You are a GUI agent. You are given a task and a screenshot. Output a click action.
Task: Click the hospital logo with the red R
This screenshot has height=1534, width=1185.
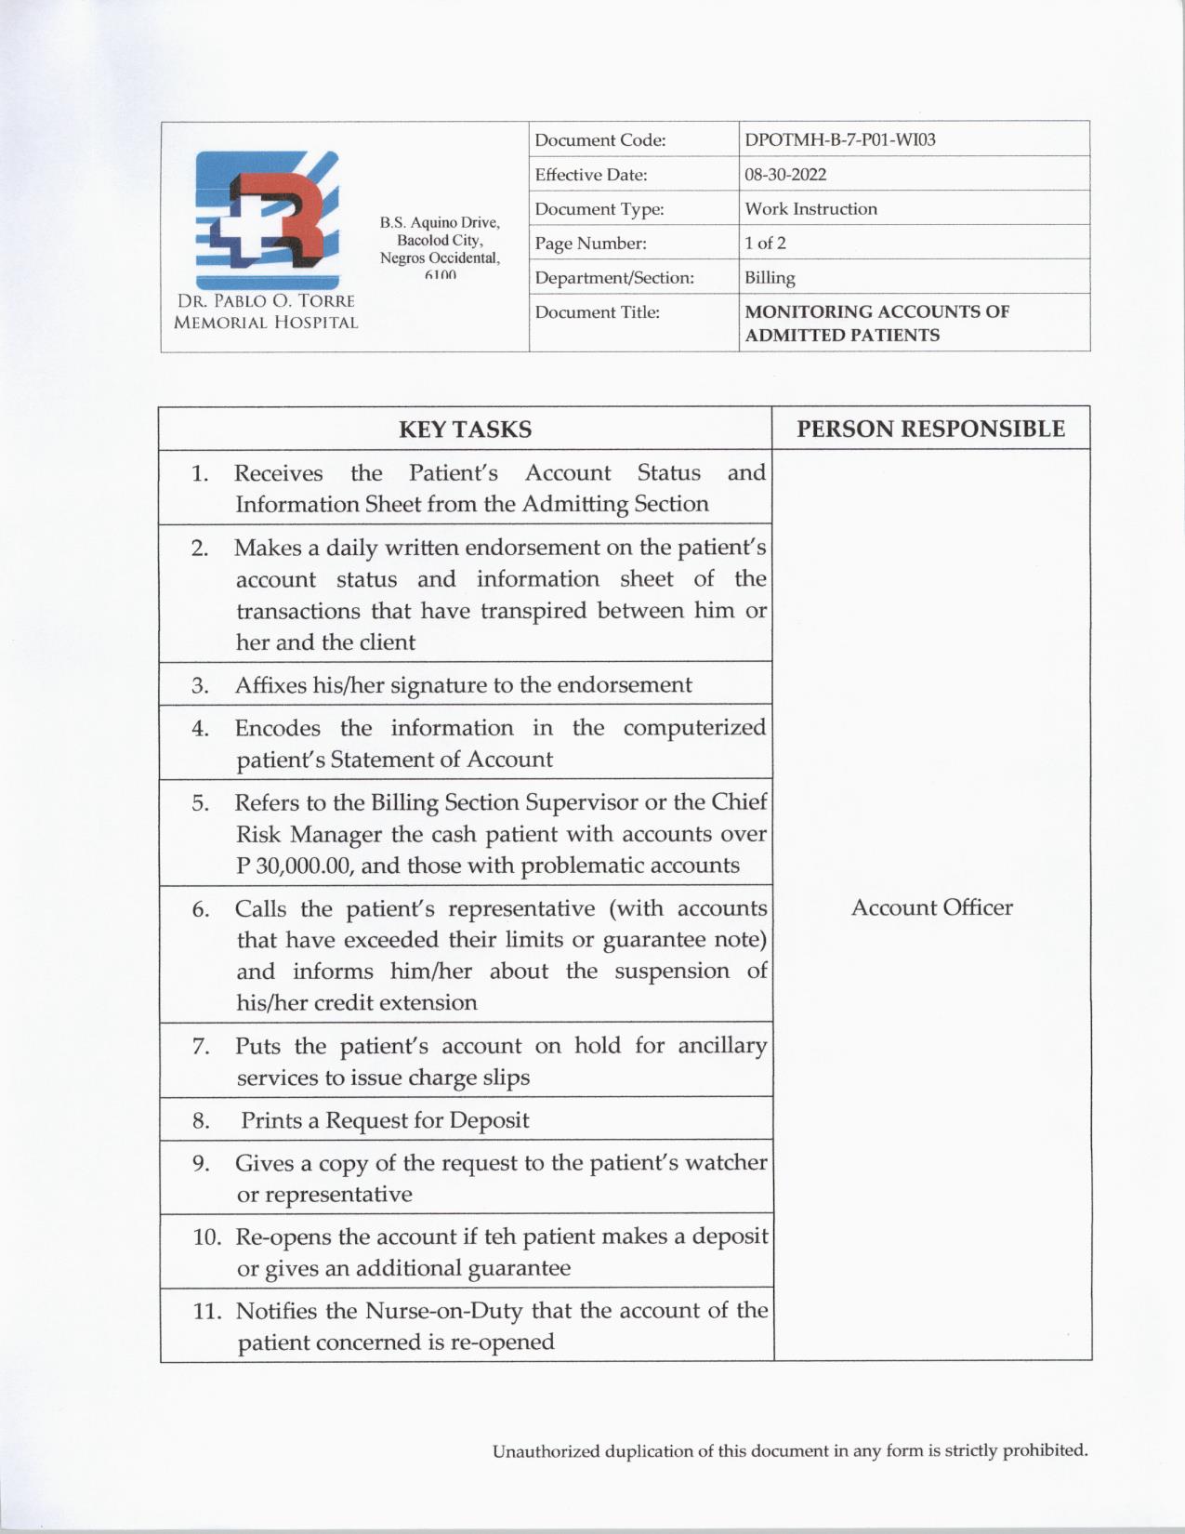pos(267,220)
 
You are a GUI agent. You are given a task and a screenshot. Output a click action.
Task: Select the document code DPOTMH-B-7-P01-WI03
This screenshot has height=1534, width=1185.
pos(839,140)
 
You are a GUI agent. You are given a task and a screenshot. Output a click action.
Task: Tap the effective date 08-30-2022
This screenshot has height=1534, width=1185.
pos(784,175)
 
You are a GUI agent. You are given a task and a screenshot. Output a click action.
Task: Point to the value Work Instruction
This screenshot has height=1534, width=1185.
pos(810,209)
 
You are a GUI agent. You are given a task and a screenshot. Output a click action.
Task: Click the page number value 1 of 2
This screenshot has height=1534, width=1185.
pos(765,244)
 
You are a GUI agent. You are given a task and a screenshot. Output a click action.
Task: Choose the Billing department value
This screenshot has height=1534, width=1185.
pos(770,278)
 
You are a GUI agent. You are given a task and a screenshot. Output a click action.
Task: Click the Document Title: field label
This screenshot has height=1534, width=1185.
pos(597,312)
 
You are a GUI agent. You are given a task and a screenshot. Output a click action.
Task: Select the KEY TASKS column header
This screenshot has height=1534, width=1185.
pos(465,430)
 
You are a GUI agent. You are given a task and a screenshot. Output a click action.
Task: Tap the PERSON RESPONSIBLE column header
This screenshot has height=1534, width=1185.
pos(930,429)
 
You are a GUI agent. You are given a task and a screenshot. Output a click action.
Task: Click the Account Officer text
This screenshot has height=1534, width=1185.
pos(931,908)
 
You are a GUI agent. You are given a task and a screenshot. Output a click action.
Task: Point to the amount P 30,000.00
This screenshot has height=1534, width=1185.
pos(295,866)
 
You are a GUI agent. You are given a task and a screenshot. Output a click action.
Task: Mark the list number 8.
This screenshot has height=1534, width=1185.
pos(201,1121)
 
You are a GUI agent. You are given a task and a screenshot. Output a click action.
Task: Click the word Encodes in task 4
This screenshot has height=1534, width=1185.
pos(277,728)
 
